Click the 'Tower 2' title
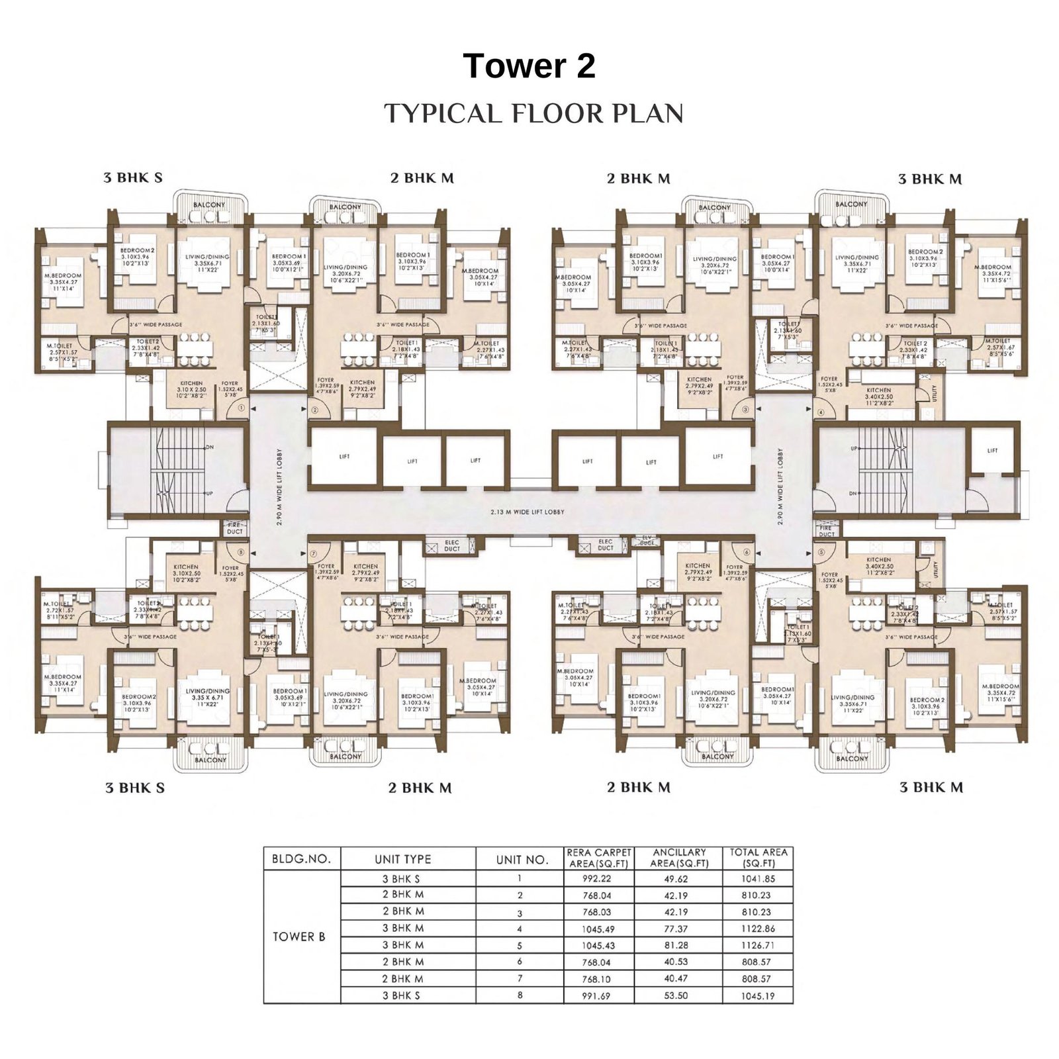coord(529,66)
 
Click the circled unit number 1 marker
coord(242,408)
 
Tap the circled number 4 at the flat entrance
coord(821,412)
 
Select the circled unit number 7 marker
coord(314,553)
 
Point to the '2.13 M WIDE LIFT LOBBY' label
coord(528,512)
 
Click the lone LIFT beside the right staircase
coord(992,451)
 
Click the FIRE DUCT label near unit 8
coord(235,528)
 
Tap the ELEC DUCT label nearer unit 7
coord(452,545)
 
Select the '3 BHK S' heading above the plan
coord(133,177)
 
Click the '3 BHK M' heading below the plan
coord(931,787)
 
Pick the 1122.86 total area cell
coord(758,928)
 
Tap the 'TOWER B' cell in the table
coord(299,936)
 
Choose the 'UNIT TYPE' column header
coord(402,859)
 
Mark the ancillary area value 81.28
coord(675,945)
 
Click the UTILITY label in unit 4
coord(935,394)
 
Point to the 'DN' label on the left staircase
coord(209,447)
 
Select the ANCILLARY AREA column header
coord(679,858)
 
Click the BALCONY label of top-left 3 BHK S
coord(209,206)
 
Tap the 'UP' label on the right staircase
coord(854,448)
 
